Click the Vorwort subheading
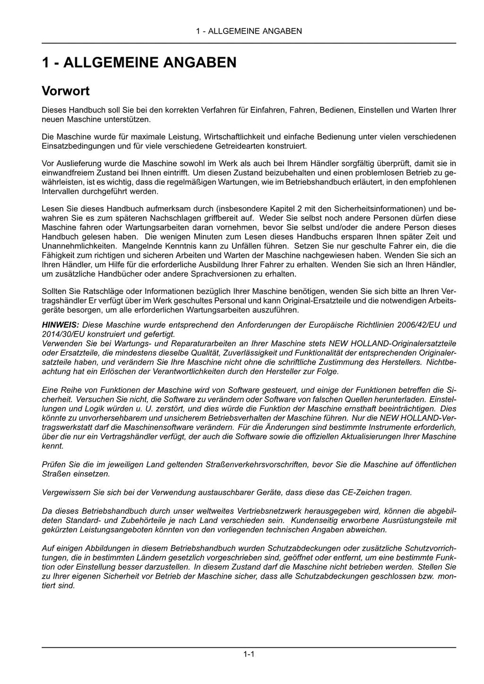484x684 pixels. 66,90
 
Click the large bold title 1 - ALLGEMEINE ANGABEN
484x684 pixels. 139,63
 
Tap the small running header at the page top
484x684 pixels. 249,31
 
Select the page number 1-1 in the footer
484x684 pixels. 249,654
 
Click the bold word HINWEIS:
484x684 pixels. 60,325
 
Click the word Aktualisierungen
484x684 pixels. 366,436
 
